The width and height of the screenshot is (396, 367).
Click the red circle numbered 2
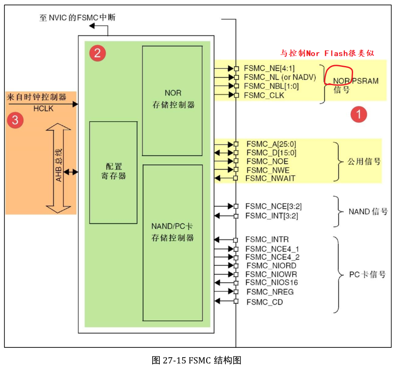97,53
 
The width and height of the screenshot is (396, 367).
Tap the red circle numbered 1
358,114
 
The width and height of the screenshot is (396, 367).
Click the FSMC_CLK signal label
264,95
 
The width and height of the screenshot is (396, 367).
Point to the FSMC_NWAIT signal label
271,178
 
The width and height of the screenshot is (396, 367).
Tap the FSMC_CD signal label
264,302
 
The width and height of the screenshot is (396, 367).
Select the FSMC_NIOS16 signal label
271,283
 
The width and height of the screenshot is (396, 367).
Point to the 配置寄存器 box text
113,171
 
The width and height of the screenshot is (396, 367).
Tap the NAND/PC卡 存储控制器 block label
172,232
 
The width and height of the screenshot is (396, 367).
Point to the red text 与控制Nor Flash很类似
327,54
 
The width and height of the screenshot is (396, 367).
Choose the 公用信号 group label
364,161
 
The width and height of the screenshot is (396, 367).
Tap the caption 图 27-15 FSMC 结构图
196,360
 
